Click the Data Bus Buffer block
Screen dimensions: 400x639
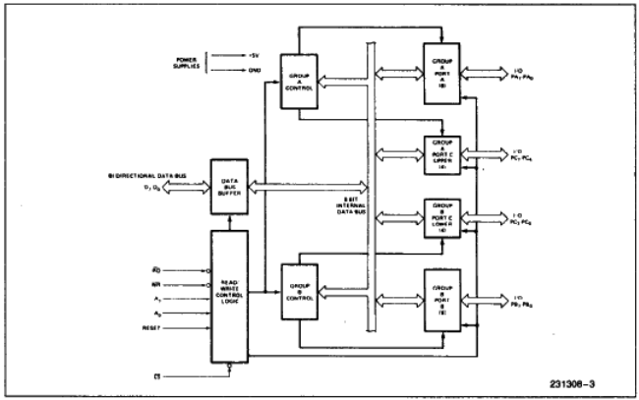point(232,187)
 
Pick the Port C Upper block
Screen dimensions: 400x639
point(442,153)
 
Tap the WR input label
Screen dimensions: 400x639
point(143,284)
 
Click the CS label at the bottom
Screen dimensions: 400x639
point(144,374)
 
